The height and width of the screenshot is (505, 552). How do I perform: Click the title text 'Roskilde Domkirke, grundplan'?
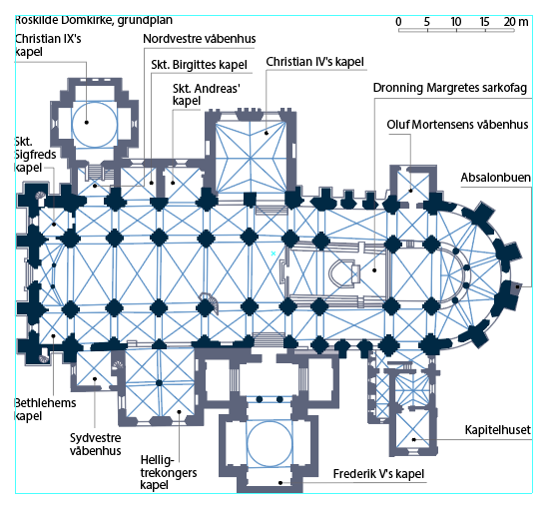[x=94, y=20]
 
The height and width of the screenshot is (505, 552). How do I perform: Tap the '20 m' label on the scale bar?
[x=516, y=22]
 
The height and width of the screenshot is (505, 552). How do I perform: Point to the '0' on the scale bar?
[x=398, y=22]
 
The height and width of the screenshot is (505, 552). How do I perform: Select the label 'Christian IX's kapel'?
[x=48, y=45]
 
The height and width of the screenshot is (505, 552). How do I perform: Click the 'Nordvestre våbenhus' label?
[x=200, y=39]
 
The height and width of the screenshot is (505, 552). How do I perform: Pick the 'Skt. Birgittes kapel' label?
[x=200, y=65]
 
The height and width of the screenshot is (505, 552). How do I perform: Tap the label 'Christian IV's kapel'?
[x=314, y=62]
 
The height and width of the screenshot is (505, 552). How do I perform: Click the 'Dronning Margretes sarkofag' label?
[x=450, y=88]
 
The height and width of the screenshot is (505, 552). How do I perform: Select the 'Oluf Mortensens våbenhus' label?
[x=457, y=125]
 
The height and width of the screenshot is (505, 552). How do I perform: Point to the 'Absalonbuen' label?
[x=496, y=178]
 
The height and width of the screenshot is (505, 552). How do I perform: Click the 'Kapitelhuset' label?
[x=498, y=430]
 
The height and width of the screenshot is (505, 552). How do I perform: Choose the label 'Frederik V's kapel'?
[x=378, y=474]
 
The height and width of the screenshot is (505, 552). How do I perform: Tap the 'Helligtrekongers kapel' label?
[x=169, y=473]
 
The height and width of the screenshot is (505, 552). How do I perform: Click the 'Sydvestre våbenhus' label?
[x=96, y=444]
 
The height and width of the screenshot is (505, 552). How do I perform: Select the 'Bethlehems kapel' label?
[x=45, y=409]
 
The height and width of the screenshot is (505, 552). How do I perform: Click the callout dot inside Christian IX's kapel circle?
[x=86, y=123]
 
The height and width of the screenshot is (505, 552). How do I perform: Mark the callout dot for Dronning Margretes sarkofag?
[x=374, y=270]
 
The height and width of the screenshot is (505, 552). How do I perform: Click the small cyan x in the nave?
[x=274, y=253]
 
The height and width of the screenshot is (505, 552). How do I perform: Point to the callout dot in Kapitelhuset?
[x=414, y=439]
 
